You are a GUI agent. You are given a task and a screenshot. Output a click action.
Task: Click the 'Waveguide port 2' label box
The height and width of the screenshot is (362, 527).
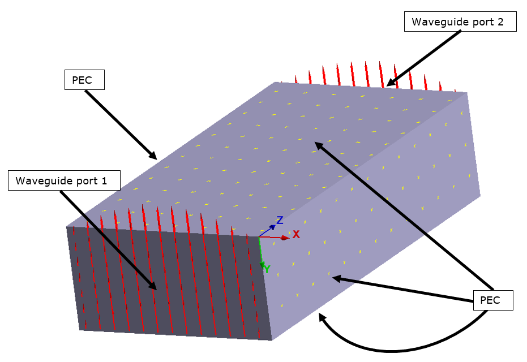(461, 22)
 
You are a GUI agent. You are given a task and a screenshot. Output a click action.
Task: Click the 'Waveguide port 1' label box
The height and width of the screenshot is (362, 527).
(65, 181)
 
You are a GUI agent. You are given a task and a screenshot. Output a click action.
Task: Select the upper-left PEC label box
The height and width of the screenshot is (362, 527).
(85, 80)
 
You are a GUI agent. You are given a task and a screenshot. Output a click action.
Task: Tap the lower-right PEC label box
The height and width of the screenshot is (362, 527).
(492, 300)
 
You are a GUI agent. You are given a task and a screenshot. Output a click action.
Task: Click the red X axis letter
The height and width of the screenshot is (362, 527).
(296, 234)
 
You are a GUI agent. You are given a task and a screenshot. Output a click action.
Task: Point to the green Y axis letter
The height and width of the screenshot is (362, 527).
(267, 269)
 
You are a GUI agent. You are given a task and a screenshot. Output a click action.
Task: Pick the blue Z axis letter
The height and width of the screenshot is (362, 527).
(280, 220)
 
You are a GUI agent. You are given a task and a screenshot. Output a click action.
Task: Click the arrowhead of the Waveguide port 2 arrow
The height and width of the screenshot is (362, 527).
(390, 83)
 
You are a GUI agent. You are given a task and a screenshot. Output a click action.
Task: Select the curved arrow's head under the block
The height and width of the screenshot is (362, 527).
(322, 317)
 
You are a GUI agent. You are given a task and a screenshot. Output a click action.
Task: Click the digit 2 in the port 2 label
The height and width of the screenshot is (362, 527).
(511, 23)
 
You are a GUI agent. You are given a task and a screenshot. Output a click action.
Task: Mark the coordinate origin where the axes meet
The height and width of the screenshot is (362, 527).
(259, 236)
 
